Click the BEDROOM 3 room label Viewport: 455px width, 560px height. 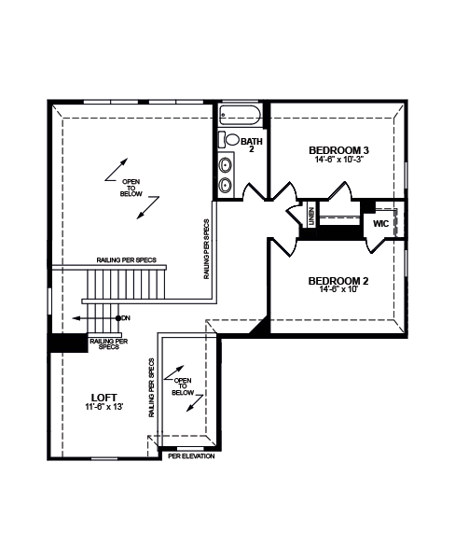click(x=338, y=150)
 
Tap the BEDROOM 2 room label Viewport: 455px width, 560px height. click(x=338, y=281)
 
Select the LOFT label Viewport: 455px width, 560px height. click(x=103, y=398)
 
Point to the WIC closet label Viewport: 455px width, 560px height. click(x=380, y=224)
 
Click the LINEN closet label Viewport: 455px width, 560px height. click(x=311, y=217)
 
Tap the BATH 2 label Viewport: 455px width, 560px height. click(x=252, y=145)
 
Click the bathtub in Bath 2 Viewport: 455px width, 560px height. click(x=240, y=115)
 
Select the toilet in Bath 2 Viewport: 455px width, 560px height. click(x=229, y=139)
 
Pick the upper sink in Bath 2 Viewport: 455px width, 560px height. click(x=226, y=165)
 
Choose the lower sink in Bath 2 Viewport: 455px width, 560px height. click(x=226, y=185)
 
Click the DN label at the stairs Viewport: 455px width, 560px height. click(x=126, y=318)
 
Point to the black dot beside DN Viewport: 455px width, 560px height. click(x=118, y=318)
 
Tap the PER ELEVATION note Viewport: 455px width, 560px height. click(x=191, y=456)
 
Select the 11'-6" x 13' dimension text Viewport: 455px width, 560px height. click(x=104, y=406)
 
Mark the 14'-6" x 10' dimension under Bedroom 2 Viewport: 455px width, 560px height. click(x=338, y=289)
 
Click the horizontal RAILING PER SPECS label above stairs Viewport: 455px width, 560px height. click(x=126, y=260)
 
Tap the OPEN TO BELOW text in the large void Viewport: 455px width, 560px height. click(x=131, y=188)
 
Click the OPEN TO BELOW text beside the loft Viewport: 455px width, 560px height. click(x=183, y=386)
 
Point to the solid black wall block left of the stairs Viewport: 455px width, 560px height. click(x=68, y=343)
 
